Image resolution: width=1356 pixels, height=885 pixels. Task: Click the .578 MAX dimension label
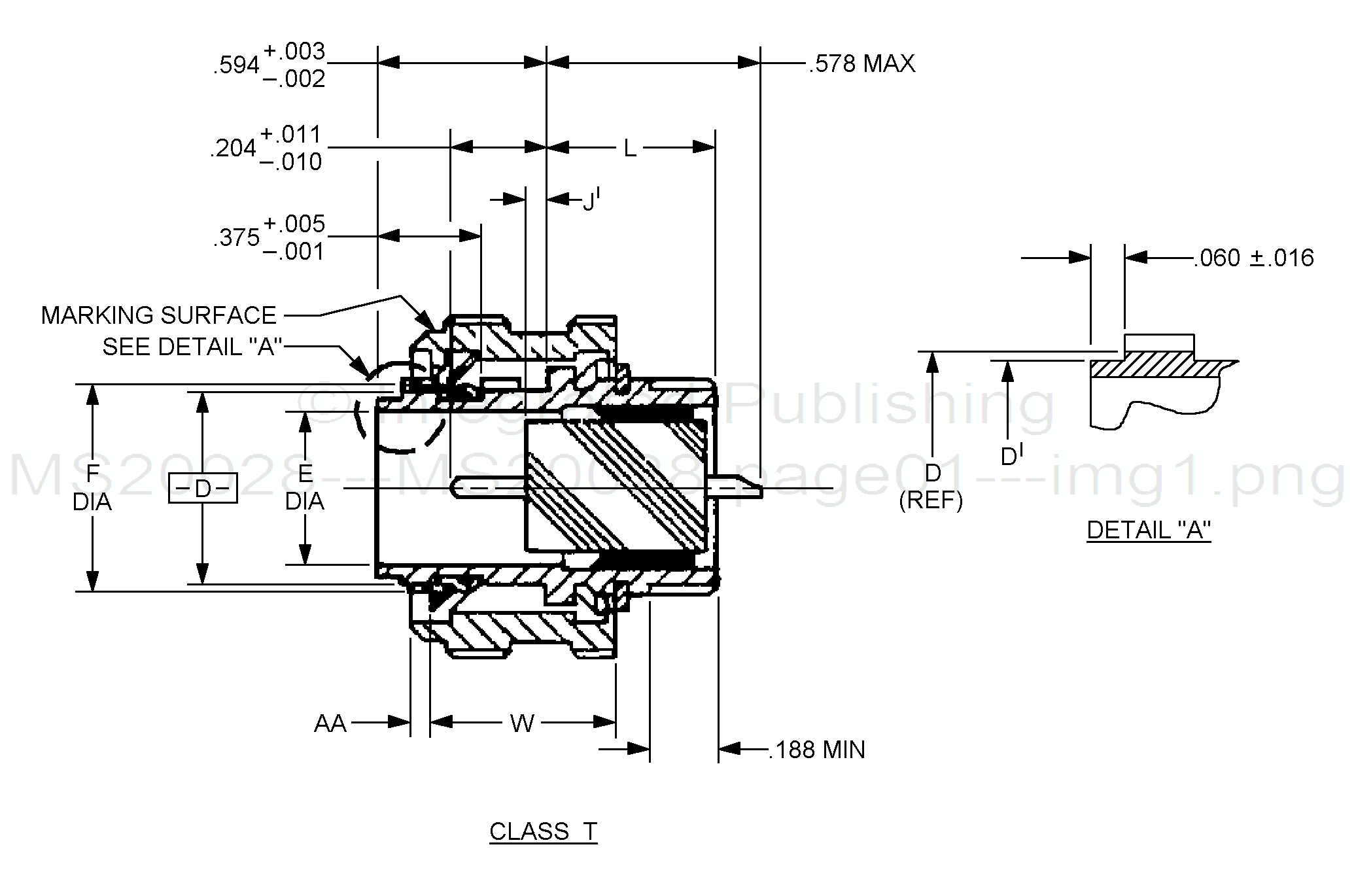tap(862, 63)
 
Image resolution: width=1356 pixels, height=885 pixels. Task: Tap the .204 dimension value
tap(233, 148)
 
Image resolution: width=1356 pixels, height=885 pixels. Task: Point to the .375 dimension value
tap(236, 237)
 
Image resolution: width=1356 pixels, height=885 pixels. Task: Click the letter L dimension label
tap(630, 148)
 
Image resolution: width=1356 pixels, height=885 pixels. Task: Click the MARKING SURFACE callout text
tap(159, 315)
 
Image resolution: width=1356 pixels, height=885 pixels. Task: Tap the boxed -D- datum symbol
tap(203, 488)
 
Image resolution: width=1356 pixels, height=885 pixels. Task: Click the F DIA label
tap(92, 487)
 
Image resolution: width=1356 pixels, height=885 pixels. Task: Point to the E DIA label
tap(305, 487)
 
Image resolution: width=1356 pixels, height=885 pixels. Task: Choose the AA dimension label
tap(330, 723)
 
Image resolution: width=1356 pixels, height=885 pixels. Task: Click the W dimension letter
tap(522, 723)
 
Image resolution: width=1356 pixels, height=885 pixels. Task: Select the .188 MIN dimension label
tap(817, 750)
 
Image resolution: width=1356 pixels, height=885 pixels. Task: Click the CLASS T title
tap(543, 831)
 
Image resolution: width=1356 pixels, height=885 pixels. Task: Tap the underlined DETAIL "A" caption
tap(1149, 530)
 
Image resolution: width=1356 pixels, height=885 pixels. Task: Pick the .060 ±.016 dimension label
tap(1253, 258)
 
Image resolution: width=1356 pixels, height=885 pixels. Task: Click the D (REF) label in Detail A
tap(931, 487)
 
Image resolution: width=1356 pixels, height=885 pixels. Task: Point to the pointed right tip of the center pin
tap(761, 488)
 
